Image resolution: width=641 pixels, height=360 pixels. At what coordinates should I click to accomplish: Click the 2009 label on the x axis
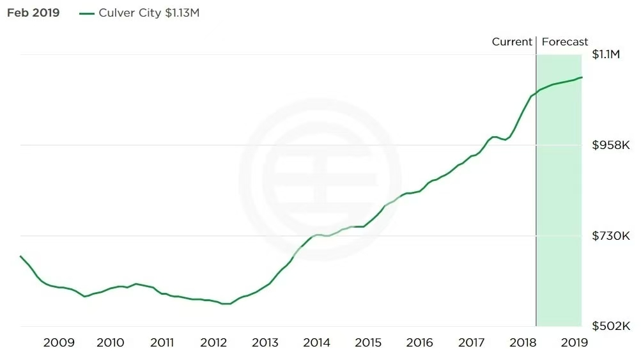pyautogui.click(x=59, y=343)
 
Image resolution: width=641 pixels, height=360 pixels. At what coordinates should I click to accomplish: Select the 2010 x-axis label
pyautogui.click(x=111, y=343)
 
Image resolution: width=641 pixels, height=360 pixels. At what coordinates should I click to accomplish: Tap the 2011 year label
pyautogui.click(x=162, y=343)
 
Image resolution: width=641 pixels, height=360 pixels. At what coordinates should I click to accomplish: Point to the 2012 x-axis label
pyautogui.click(x=213, y=343)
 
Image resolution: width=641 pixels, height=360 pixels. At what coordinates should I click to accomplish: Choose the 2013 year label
pyautogui.click(x=265, y=343)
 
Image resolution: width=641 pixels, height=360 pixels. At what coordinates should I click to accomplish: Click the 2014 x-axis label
pyautogui.click(x=317, y=343)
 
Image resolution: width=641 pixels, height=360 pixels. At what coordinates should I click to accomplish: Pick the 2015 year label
pyautogui.click(x=368, y=343)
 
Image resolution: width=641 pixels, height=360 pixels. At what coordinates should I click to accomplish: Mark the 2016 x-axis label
pyautogui.click(x=420, y=343)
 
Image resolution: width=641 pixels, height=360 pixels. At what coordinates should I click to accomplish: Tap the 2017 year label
pyautogui.click(x=472, y=343)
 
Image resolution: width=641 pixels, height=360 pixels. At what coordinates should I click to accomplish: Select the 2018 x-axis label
pyautogui.click(x=523, y=343)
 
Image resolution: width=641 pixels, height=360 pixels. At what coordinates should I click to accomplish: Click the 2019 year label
pyautogui.click(x=575, y=343)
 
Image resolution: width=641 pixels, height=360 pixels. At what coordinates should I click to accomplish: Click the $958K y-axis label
pyautogui.click(x=611, y=145)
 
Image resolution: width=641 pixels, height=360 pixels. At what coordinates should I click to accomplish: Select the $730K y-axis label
pyautogui.click(x=611, y=236)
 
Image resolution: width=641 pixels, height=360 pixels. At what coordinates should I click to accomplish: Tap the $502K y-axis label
pyautogui.click(x=611, y=327)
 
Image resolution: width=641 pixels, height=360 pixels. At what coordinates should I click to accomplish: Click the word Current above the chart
pyautogui.click(x=512, y=42)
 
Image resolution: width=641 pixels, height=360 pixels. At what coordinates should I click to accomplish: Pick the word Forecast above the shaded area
pyautogui.click(x=565, y=42)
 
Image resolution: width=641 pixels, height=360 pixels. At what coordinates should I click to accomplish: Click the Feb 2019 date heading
pyautogui.click(x=33, y=13)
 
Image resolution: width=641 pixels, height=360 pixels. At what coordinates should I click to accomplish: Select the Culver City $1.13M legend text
pyautogui.click(x=149, y=13)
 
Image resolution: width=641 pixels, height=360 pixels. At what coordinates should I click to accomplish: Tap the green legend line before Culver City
pyautogui.click(x=87, y=13)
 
